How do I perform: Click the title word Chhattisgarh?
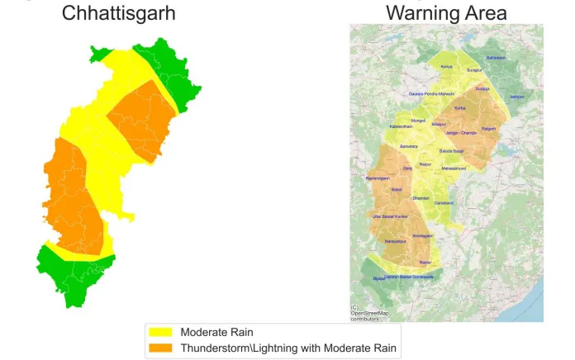pyautogui.click(x=119, y=13)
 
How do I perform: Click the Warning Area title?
pyautogui.click(x=446, y=13)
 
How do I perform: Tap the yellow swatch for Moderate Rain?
pyautogui.click(x=161, y=332)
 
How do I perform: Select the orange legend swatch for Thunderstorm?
pyautogui.click(x=161, y=348)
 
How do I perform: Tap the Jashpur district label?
pyautogui.click(x=516, y=97)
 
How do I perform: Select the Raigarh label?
pyautogui.click(x=489, y=129)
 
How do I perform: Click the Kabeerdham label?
pyautogui.click(x=401, y=126)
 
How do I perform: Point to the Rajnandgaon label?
pyautogui.click(x=377, y=178)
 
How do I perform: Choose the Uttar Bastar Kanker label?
pyautogui.click(x=391, y=216)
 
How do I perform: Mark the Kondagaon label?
pyautogui.click(x=422, y=235)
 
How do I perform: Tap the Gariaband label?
pyautogui.click(x=444, y=202)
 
